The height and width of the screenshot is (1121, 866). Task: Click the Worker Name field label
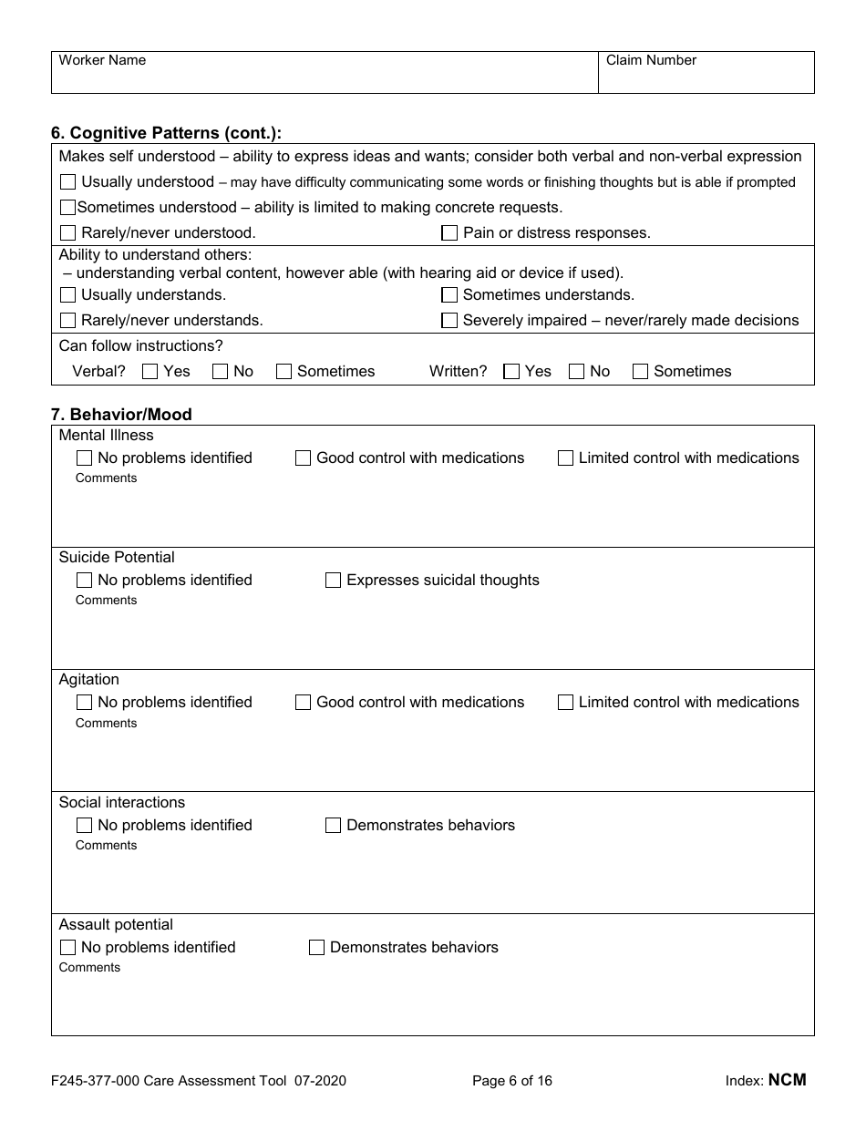(102, 60)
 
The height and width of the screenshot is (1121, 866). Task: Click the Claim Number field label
(651, 60)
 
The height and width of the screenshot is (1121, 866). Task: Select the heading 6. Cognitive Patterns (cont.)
(166, 133)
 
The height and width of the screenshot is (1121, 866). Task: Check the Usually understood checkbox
(67, 182)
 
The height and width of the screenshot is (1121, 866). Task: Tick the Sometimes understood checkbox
(67, 208)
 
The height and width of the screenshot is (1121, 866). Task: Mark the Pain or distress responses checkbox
(449, 233)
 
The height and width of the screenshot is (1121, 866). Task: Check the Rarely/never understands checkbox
(67, 321)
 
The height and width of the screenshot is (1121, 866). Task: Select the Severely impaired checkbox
(449, 321)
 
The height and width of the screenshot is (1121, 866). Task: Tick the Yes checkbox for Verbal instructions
(150, 372)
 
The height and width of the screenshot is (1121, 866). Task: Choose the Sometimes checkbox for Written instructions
(640, 372)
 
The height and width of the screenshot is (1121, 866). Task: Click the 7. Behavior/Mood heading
(121, 415)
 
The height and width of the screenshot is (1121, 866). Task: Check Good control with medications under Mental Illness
(303, 458)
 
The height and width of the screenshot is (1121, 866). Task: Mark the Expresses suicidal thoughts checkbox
(333, 581)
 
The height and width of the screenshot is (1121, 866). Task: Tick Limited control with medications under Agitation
(565, 703)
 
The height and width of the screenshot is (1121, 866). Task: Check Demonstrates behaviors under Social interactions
(333, 826)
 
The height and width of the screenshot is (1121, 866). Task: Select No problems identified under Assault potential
(67, 948)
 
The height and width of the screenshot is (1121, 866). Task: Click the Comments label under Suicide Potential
(106, 601)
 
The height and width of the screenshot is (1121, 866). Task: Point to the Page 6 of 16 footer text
(512, 1081)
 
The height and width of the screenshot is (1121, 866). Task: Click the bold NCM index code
(787, 1080)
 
